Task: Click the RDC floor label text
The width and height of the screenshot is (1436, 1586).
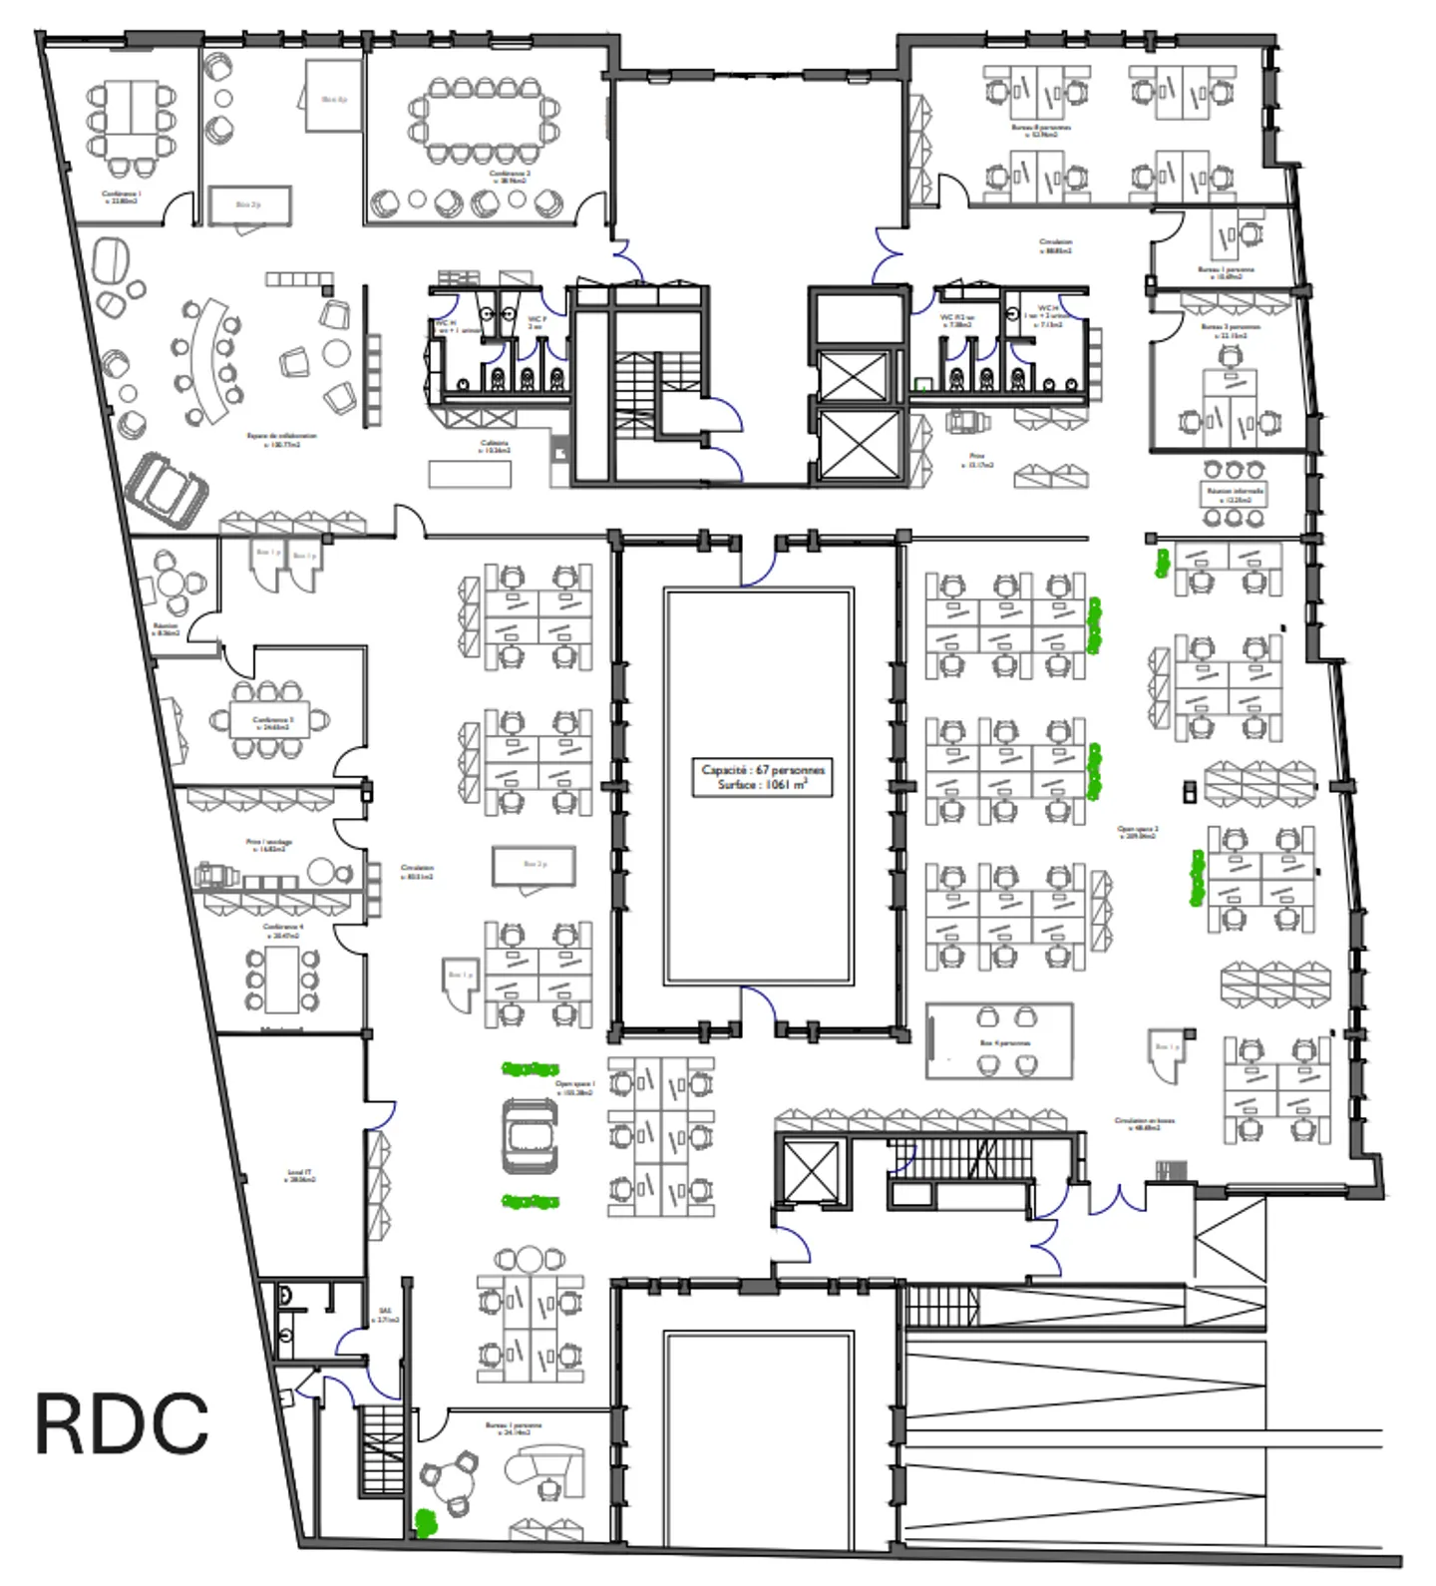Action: click(122, 1423)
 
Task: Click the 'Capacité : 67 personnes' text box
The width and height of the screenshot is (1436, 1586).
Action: click(762, 777)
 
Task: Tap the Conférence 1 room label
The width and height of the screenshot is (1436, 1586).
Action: click(121, 197)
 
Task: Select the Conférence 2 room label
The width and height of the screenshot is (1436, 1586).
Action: click(509, 177)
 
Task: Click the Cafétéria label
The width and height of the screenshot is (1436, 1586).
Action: click(495, 446)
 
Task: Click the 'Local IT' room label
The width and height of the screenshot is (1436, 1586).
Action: click(299, 1175)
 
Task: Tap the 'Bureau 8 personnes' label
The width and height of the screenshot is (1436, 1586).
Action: click(1040, 130)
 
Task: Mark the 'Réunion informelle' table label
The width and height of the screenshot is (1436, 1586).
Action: click(1235, 494)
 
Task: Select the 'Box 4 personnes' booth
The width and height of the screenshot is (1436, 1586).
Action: click(999, 1041)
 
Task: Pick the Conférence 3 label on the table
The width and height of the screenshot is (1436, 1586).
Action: click(271, 722)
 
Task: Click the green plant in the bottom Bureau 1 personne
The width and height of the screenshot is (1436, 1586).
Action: click(426, 1521)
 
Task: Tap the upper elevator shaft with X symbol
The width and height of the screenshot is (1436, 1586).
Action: click(853, 375)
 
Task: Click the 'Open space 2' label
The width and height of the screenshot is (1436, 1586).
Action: click(1137, 832)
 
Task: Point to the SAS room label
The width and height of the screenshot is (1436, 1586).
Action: click(386, 1315)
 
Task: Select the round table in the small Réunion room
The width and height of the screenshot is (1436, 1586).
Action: click(172, 583)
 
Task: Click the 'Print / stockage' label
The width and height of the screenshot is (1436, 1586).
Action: click(268, 845)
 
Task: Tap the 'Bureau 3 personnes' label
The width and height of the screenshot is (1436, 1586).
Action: click(1230, 330)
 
